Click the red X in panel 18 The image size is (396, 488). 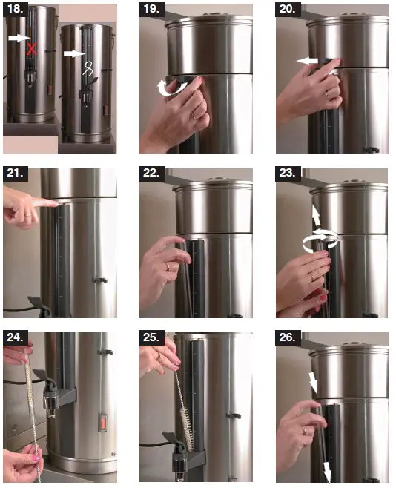point(31,49)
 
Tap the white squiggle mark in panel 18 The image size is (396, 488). point(88,68)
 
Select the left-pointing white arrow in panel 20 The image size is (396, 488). point(306,62)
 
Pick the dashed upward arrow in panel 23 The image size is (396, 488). point(317,217)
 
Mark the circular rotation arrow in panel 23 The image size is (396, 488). point(317,240)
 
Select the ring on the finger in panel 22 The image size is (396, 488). point(167,266)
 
